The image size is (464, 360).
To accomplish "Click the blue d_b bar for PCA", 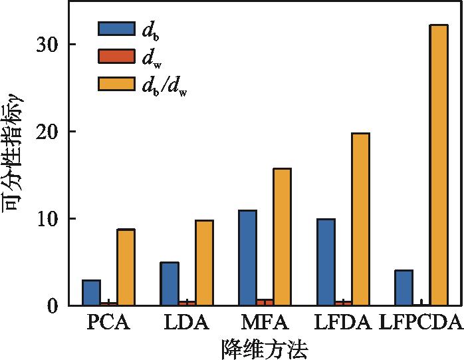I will pyautogui.click(x=91, y=293).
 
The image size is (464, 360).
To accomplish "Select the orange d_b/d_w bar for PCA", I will pyautogui.click(x=126, y=268).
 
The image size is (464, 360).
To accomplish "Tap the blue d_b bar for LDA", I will pyautogui.click(x=170, y=284).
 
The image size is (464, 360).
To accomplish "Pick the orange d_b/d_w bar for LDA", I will pyautogui.click(x=204, y=263).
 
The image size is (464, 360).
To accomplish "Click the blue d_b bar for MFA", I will pyautogui.click(x=247, y=258).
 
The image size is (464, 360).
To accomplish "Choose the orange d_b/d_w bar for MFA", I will pyautogui.click(x=282, y=237).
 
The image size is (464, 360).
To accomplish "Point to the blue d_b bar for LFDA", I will pyautogui.click(x=326, y=262).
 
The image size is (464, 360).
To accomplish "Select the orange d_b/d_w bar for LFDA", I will pyautogui.click(x=360, y=219).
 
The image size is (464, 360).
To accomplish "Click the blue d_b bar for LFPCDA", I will pyautogui.click(x=404, y=287).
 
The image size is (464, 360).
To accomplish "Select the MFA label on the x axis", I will pyautogui.click(x=265, y=324).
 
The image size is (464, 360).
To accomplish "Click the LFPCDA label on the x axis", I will pyautogui.click(x=420, y=324).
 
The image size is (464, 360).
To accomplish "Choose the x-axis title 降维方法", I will pyautogui.click(x=264, y=348).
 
